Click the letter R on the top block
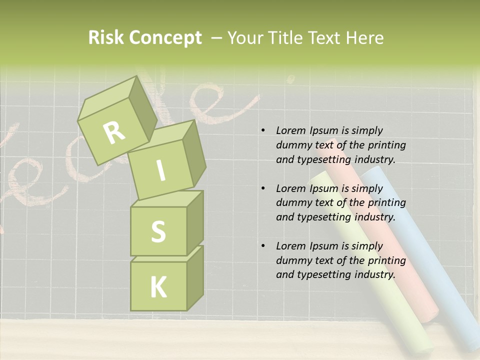click(x=114, y=132)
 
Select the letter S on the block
click(x=158, y=231)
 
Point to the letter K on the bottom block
click(x=158, y=287)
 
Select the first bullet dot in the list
click(x=262, y=131)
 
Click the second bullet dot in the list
click(x=262, y=188)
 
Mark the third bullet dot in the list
click(x=262, y=246)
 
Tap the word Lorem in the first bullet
click(x=290, y=131)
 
